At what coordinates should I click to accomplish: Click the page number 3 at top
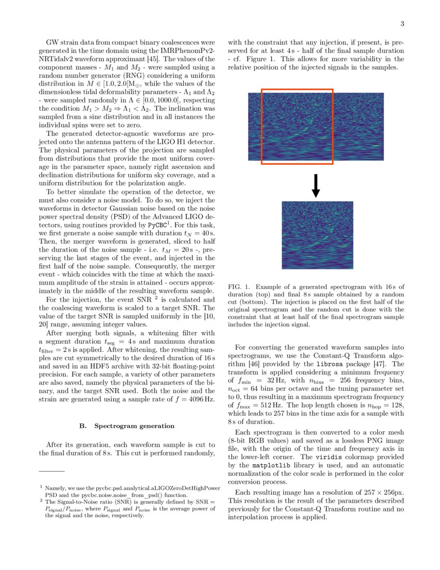coord(402,24)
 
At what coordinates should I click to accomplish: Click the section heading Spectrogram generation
coord(127,426)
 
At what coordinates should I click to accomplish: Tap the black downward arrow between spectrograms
coord(316,186)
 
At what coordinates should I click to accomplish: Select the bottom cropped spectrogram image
coord(317,235)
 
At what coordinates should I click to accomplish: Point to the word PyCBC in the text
coord(157,226)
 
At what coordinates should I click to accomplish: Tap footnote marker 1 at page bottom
coord(41,487)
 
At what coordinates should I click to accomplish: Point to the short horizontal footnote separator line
coord(52,471)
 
